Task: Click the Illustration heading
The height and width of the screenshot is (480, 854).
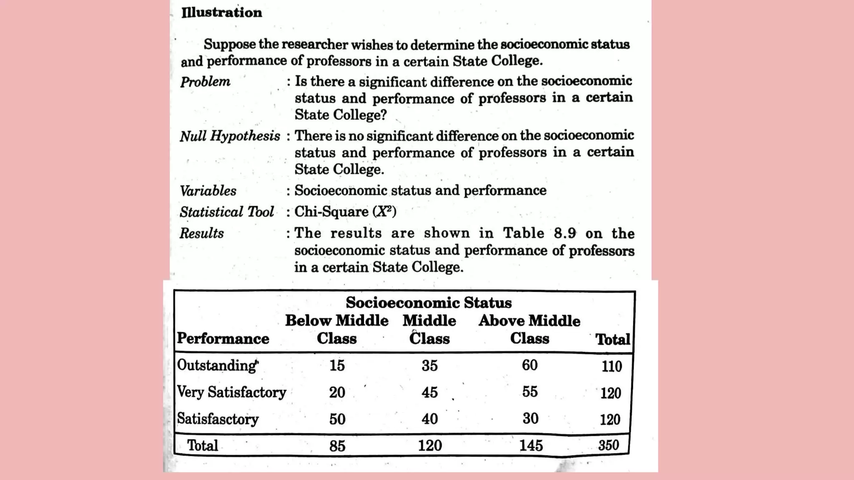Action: pos(221,12)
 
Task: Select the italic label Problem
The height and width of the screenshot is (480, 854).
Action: pos(205,82)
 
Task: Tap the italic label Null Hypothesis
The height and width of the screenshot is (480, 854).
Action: pos(230,136)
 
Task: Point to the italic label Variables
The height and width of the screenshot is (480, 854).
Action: pos(208,191)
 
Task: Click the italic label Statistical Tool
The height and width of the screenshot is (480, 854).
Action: pos(227,212)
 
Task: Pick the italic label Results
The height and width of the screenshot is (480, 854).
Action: pos(202,233)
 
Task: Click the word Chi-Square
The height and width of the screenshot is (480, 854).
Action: pos(331,212)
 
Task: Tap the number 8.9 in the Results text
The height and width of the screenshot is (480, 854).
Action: pos(565,233)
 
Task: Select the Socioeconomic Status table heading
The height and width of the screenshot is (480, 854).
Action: pos(429,302)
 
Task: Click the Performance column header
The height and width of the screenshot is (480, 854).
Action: pos(223,339)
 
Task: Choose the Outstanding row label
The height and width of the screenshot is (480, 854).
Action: pos(217,365)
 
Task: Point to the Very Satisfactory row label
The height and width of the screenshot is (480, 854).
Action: pos(231,392)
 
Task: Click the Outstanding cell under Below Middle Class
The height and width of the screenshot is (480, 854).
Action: pos(337,365)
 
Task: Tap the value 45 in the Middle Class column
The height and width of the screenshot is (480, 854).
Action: pos(430,392)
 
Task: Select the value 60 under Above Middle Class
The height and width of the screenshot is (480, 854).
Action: pos(530,365)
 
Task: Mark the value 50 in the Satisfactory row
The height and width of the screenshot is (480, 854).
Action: pos(337,419)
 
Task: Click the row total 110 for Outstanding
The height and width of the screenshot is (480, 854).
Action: pos(611,366)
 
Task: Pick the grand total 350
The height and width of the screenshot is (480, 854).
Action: pos(608,445)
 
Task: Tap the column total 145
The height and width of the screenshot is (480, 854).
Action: pos(531,445)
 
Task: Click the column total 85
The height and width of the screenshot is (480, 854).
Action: pos(337,446)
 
